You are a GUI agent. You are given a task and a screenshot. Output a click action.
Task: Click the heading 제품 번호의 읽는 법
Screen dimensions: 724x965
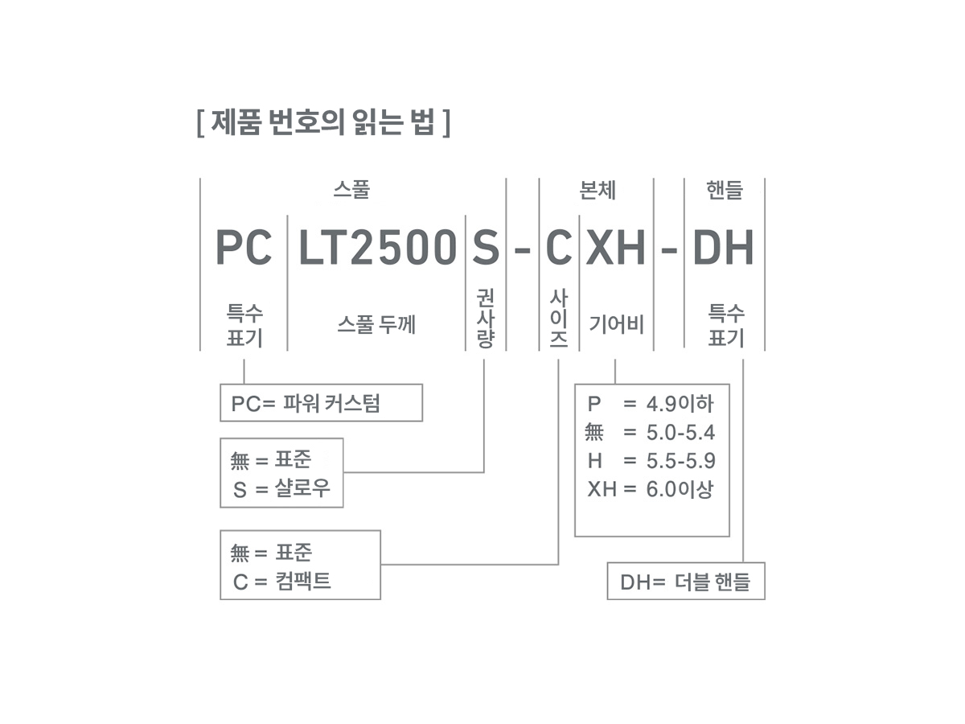click(x=322, y=123)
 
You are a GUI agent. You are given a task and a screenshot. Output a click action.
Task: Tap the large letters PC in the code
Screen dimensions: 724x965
click(x=244, y=248)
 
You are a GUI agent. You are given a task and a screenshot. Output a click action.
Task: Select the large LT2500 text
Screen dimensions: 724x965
click(x=377, y=248)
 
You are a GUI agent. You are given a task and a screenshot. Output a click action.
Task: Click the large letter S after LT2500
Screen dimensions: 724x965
click(x=485, y=248)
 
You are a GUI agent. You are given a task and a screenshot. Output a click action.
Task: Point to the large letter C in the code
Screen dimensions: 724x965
click(x=558, y=248)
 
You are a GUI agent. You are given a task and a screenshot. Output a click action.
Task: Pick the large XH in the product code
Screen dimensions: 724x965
click(x=615, y=248)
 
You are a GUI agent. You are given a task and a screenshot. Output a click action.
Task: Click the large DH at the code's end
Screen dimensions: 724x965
click(x=723, y=248)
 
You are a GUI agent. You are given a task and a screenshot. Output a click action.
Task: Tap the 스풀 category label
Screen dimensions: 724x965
click(x=351, y=191)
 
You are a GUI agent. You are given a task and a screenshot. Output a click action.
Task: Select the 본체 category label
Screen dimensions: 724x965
click(x=597, y=191)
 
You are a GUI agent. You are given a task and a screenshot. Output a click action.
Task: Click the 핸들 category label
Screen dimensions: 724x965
click(x=724, y=191)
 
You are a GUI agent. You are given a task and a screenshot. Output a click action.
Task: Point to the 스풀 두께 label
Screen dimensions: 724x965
click(x=376, y=325)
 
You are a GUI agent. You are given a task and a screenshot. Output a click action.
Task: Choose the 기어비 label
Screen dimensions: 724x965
click(x=616, y=325)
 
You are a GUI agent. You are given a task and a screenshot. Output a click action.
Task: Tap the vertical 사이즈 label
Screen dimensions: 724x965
click(x=558, y=319)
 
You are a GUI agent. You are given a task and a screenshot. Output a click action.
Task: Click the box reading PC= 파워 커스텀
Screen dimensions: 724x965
click(x=321, y=403)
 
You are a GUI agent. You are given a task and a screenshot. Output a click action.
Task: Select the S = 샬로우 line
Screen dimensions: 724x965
click(x=281, y=488)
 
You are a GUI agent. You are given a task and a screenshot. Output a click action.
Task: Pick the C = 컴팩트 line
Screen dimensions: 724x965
click(x=282, y=581)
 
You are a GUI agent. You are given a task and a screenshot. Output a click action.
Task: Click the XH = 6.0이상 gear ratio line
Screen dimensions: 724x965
click(x=650, y=488)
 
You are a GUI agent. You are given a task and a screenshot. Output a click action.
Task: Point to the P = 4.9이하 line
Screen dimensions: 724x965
click(x=650, y=404)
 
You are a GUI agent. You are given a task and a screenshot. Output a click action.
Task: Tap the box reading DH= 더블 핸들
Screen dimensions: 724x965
click(x=685, y=582)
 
